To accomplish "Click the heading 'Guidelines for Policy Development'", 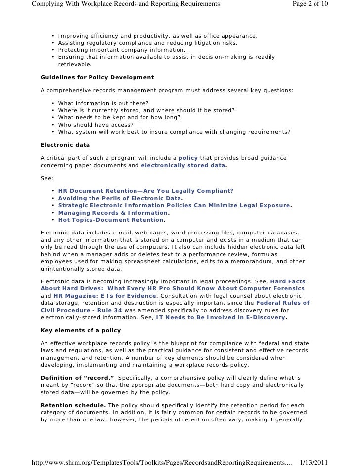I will (x=97, y=78).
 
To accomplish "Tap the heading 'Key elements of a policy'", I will (x=80, y=330).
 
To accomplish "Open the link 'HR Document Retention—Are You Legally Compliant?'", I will (x=146, y=191).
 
